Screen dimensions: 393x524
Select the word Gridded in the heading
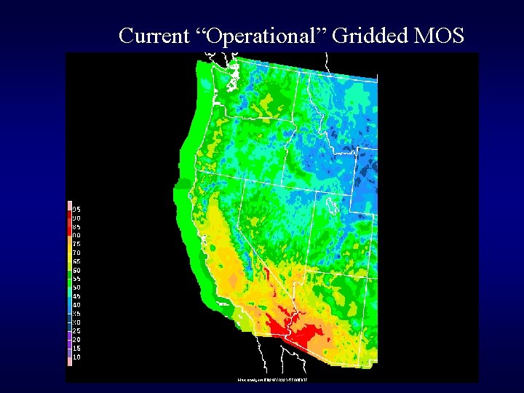point(370,35)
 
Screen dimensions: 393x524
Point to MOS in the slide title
point(438,35)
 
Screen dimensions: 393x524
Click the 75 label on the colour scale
point(76,244)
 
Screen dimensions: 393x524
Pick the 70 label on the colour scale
point(76,253)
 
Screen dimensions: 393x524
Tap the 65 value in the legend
point(76,261)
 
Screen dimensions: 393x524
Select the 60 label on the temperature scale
point(76,270)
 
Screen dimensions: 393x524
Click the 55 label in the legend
point(76,279)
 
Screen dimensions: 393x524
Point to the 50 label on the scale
point(76,287)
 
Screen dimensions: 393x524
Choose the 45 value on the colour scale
point(76,296)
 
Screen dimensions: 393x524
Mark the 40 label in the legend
point(76,305)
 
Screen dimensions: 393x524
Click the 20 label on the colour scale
point(76,340)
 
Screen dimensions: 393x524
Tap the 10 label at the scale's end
point(76,357)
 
